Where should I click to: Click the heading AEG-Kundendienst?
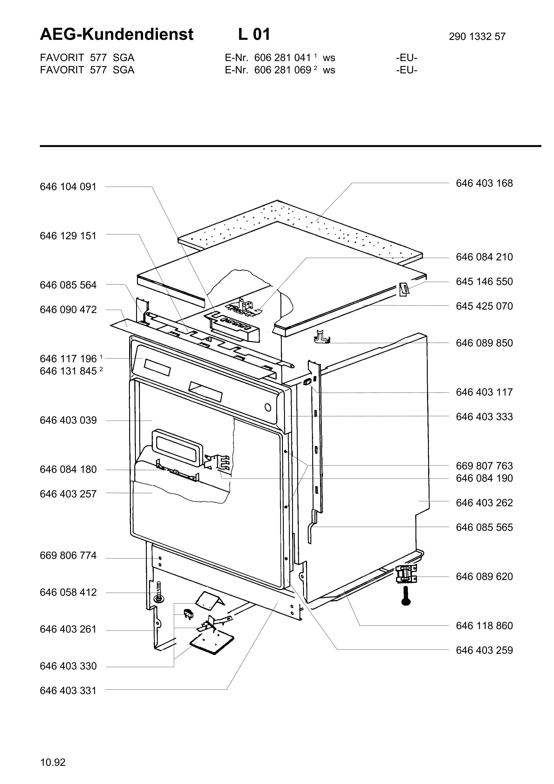pos(116,34)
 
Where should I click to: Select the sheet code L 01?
pos(254,34)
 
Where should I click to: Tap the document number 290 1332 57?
pos(477,36)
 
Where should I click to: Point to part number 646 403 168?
pos(484,183)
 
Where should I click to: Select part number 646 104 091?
pos(68,187)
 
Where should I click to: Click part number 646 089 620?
pos(484,577)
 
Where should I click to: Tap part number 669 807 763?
pos(484,466)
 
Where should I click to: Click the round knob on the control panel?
pos(268,408)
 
